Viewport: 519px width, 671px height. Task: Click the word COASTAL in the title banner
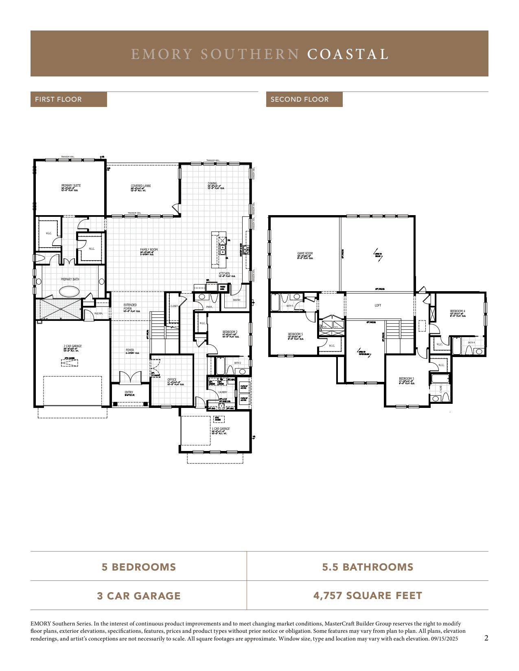click(348, 54)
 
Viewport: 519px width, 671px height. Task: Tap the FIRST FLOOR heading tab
click(58, 99)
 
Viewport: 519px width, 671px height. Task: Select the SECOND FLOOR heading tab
click(300, 99)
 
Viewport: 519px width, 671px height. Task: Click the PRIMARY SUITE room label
click(71, 186)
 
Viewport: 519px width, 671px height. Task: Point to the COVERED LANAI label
click(140, 186)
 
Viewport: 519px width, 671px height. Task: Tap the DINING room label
click(212, 184)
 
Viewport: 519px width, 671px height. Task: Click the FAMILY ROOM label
click(149, 250)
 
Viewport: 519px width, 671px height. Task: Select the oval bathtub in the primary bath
click(70, 291)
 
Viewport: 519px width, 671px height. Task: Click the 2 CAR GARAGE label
click(72, 346)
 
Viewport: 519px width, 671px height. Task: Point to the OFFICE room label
click(172, 380)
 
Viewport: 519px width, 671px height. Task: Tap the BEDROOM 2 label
click(230, 332)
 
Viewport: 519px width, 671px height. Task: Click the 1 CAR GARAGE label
click(221, 429)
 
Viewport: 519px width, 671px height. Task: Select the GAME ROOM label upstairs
click(305, 254)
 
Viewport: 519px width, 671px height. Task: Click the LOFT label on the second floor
click(378, 305)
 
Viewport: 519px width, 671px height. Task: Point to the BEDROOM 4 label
click(457, 312)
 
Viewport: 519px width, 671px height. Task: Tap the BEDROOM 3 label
click(406, 379)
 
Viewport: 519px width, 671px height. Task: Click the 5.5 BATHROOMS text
click(368, 567)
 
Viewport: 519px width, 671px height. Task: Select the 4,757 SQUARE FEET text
click(368, 596)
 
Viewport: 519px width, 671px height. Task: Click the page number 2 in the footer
click(486, 638)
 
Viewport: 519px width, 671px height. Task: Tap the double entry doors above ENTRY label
click(130, 378)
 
